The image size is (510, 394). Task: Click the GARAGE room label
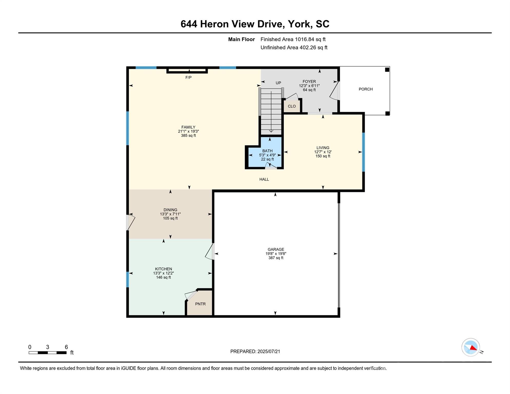[276, 249]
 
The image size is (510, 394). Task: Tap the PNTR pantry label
[200, 304]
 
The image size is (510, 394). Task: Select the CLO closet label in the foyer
[292, 106]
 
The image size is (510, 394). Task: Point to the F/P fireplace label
[189, 77]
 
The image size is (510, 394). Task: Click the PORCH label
[366, 89]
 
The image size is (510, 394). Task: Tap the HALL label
[264, 179]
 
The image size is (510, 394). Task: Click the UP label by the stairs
[278, 83]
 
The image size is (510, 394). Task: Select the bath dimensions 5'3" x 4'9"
[267, 155]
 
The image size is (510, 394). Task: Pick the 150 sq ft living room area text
[323, 156]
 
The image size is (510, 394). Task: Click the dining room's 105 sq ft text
[170, 219]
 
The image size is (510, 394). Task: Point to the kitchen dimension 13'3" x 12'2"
[163, 273]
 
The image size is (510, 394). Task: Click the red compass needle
[473, 348]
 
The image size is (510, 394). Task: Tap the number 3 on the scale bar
[47, 347]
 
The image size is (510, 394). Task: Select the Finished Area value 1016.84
[305, 40]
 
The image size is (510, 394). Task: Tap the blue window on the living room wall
[363, 152]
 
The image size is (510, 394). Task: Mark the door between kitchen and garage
[210, 251]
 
